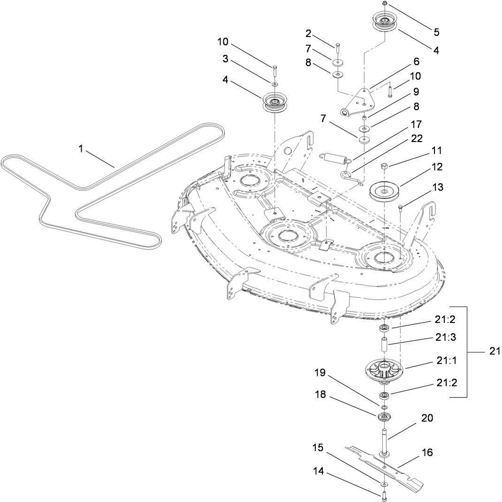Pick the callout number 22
click(417, 139)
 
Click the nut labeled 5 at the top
click(384, 4)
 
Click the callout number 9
click(416, 92)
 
